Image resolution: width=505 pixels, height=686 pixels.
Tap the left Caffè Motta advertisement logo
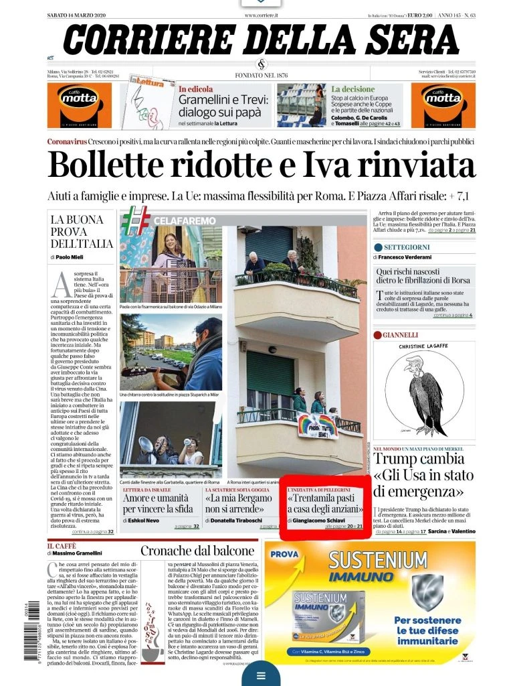tap(75, 105)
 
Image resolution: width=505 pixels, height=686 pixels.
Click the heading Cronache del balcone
tap(197, 551)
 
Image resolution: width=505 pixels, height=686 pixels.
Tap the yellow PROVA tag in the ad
tap(284, 554)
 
